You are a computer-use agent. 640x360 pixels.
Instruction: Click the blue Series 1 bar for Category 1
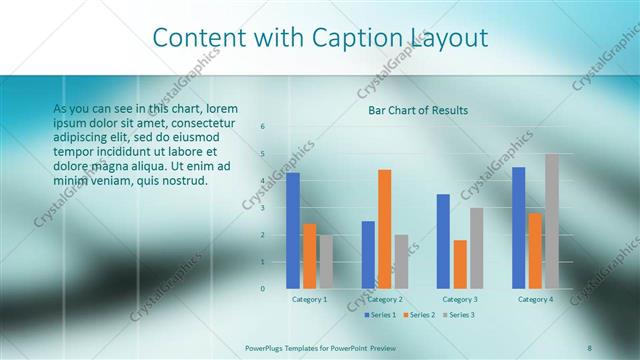tap(293, 231)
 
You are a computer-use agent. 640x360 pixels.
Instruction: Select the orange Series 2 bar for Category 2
tap(385, 229)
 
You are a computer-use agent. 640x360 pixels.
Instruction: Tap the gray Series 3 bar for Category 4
tap(552, 221)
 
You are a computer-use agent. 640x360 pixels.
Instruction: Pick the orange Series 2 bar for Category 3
tap(460, 264)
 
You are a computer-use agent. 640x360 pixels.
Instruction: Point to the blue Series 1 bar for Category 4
tap(518, 228)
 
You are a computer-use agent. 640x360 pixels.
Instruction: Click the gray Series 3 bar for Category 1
tap(326, 262)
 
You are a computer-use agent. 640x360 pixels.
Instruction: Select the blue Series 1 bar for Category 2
tap(368, 255)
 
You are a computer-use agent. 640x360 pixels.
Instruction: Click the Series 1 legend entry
tap(380, 315)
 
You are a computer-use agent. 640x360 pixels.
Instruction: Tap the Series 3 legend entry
tap(458, 315)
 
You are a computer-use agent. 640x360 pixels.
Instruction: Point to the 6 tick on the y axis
tap(262, 126)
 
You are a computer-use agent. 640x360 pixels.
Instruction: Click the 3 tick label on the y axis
tap(262, 208)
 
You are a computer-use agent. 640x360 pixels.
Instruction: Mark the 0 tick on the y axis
tap(262, 289)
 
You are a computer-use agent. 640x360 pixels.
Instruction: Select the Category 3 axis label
tap(460, 299)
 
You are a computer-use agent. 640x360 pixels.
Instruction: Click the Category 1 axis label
tap(310, 299)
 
